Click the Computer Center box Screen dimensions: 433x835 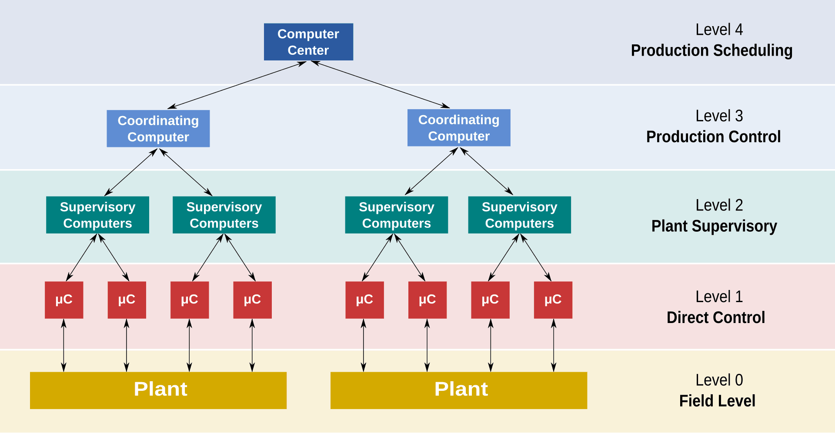pos(308,42)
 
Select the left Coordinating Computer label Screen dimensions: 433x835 pos(158,129)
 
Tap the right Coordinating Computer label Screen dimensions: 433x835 pos(459,128)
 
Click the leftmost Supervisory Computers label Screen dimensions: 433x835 pos(97,215)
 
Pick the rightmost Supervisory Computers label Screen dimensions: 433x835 pos(519,215)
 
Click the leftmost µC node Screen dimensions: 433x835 pos(64,299)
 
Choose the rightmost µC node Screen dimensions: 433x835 pos(553,299)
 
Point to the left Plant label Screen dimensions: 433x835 pos(160,389)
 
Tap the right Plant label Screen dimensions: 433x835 pos(461,389)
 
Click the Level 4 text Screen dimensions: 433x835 pos(719,30)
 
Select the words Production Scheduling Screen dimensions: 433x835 pos(711,50)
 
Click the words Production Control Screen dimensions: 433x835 pos(713,137)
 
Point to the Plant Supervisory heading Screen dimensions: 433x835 pos(714,226)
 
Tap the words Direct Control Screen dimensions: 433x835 pos(716,317)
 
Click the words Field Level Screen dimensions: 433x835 pos(717,401)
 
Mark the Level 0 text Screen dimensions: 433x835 pos(719,380)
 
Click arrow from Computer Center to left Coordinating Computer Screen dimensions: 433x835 pos(237,85)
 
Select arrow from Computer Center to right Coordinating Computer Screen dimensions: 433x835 pos(381,85)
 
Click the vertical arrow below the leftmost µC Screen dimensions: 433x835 pos(63,346)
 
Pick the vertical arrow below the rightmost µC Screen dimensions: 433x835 pos(553,346)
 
